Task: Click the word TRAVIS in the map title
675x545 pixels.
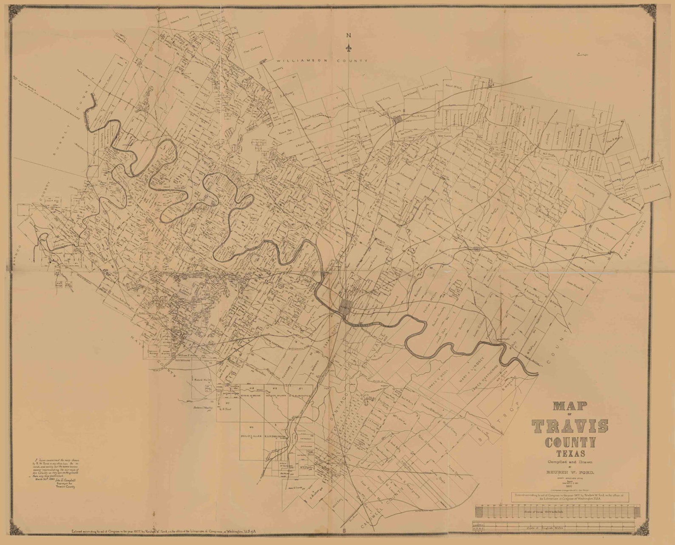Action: tap(570, 425)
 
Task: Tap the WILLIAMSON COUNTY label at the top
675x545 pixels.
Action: tap(315, 61)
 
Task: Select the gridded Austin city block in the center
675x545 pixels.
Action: tap(346, 305)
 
